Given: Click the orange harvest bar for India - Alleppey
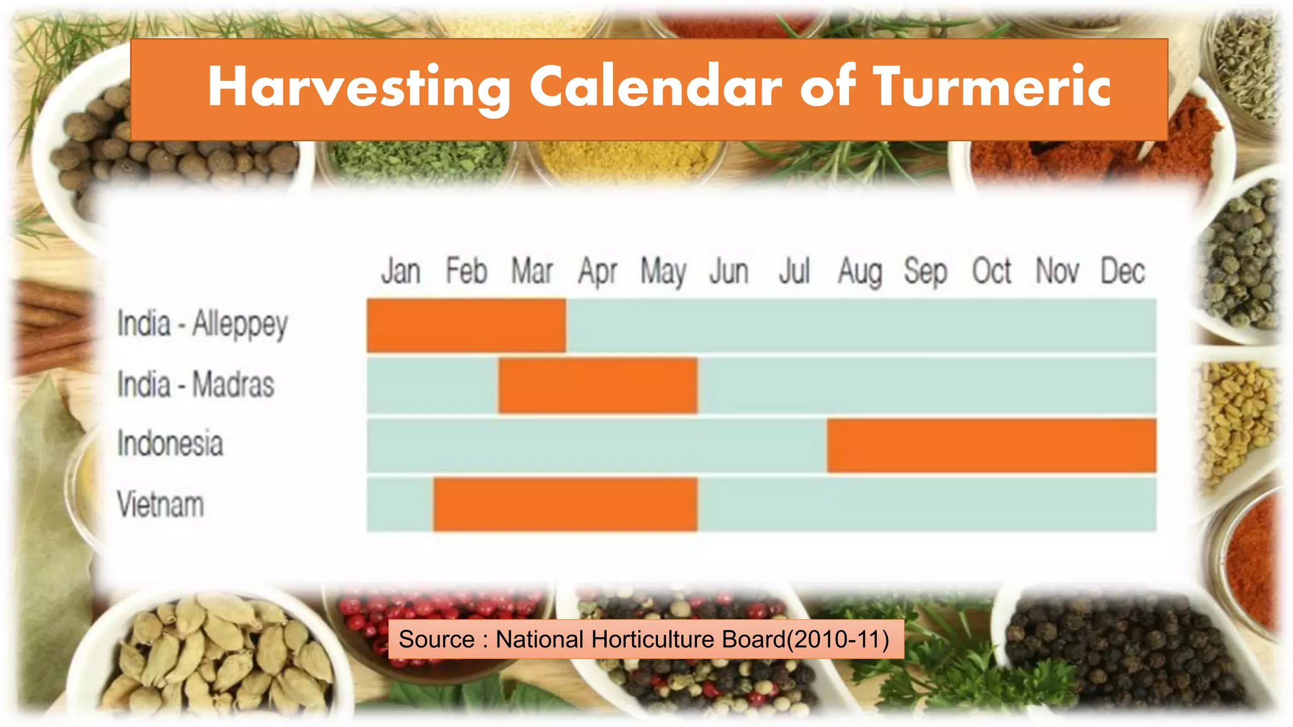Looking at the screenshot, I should pyautogui.click(x=466, y=325).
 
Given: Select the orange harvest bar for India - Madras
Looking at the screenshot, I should pyautogui.click(x=597, y=385).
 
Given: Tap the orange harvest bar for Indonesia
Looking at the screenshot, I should pyautogui.click(x=991, y=445).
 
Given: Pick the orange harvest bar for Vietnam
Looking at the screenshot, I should pyautogui.click(x=565, y=504).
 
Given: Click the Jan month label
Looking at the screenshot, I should pyautogui.click(x=401, y=272).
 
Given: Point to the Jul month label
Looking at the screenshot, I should pyautogui.click(x=794, y=272).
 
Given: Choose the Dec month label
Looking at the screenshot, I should pyautogui.click(x=1123, y=272).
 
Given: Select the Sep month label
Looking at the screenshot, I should pyautogui.click(x=926, y=272).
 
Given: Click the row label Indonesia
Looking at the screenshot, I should pyautogui.click(x=170, y=444).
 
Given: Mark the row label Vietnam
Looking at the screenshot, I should pyautogui.click(x=161, y=505).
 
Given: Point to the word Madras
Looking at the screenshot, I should pyautogui.click(x=233, y=384).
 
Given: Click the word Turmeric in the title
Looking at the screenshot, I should pyautogui.click(x=992, y=86).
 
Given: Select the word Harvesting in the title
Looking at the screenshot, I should pyautogui.click(x=359, y=88).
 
